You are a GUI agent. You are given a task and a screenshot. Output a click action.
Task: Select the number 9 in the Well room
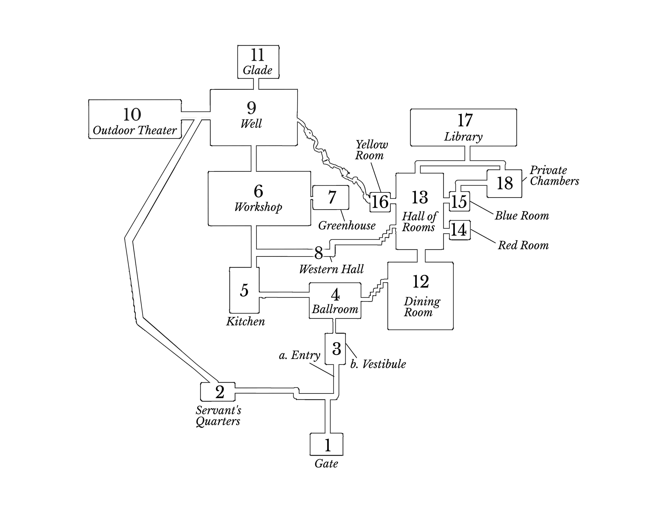(251, 108)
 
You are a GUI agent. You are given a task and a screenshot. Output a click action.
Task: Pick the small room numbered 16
(380, 202)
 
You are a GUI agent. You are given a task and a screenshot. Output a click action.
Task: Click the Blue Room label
(522, 216)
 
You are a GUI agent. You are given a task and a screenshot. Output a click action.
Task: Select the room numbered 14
(460, 230)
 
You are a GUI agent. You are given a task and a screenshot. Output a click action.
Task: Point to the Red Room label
(523, 245)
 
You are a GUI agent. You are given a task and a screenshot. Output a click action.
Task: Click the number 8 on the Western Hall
(319, 253)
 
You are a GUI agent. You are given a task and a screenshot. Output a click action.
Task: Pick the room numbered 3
(335, 349)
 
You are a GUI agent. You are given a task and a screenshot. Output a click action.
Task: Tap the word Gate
(326, 464)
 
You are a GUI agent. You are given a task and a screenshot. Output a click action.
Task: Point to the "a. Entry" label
(300, 355)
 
